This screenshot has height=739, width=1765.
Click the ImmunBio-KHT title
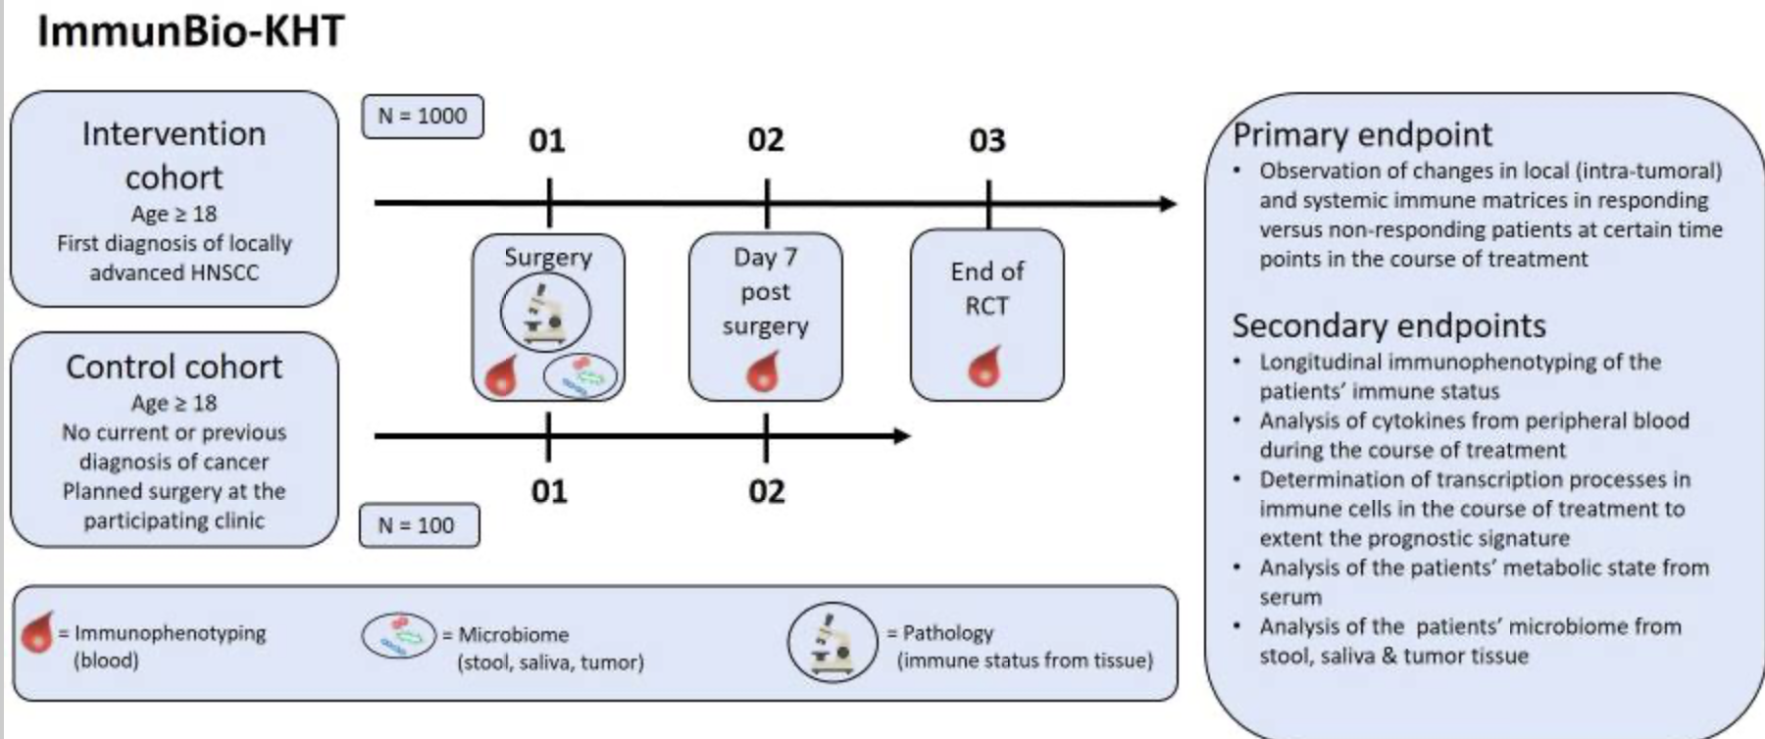tap(191, 30)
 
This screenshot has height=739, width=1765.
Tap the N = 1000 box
tap(423, 116)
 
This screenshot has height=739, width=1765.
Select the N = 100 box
tap(420, 525)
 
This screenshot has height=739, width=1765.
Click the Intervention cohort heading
tap(174, 155)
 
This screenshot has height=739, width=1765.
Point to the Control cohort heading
tap(174, 367)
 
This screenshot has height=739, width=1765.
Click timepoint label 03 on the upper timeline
tap(987, 141)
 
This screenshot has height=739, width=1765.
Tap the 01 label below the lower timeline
tap(549, 490)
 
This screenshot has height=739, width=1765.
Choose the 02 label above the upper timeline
tap(766, 140)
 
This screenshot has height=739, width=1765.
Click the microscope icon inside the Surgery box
tap(545, 313)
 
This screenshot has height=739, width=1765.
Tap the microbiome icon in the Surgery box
tap(581, 375)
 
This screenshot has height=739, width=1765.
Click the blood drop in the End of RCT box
tap(985, 367)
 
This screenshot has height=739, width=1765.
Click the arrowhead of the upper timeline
tap(1169, 204)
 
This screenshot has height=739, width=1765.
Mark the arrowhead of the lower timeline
tap(902, 436)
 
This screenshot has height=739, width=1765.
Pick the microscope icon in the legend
tap(832, 642)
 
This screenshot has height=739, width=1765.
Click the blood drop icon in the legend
tap(37, 632)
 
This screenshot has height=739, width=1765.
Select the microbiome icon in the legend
tap(399, 635)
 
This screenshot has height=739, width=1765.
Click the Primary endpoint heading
tap(1362, 134)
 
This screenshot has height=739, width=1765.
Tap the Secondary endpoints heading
tap(1388, 325)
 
